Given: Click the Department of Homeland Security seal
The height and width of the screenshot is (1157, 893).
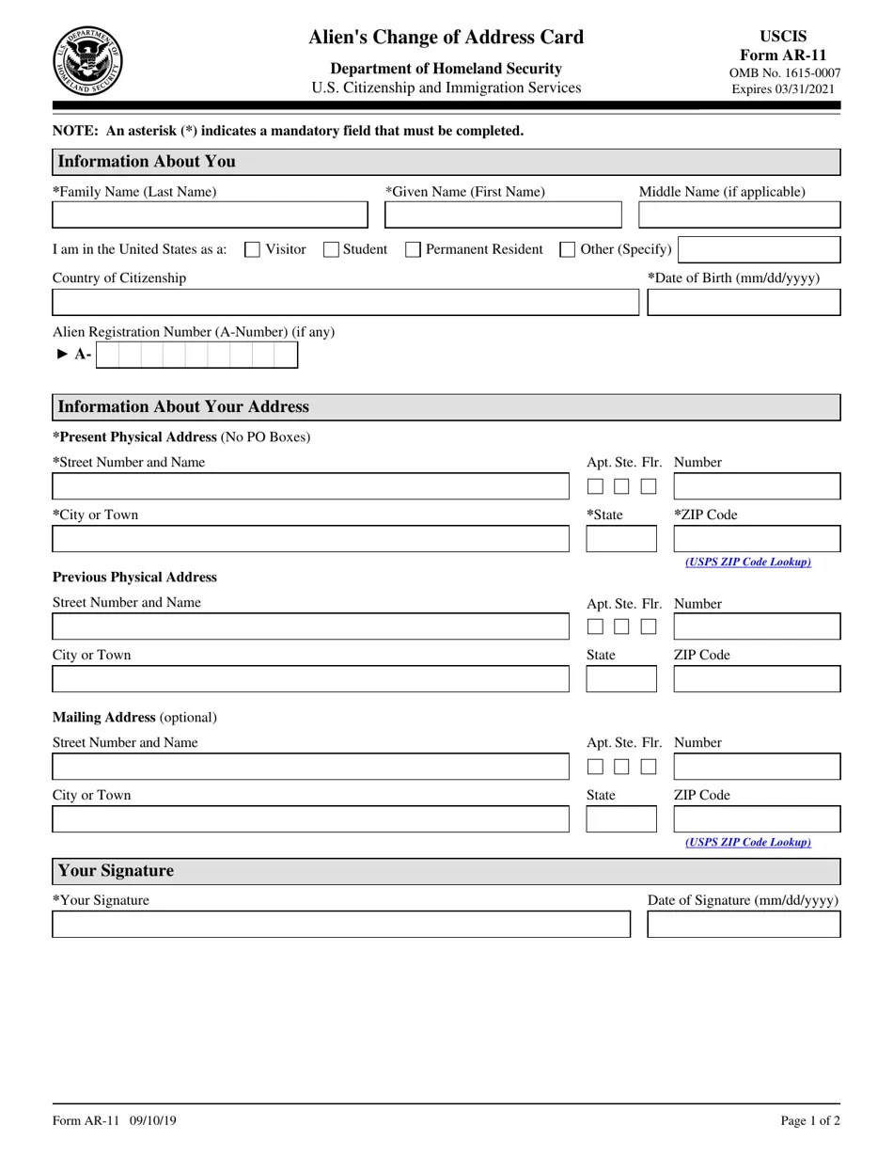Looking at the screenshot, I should [x=87, y=61].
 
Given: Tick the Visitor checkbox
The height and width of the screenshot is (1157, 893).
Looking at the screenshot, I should [x=252, y=249].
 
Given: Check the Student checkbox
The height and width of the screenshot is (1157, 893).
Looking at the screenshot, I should [x=331, y=249].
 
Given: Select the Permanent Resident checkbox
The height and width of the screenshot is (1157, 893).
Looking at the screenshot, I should [x=413, y=249].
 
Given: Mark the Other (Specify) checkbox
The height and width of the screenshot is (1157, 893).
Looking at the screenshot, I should [x=567, y=249].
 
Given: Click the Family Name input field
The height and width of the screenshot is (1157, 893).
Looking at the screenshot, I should [x=210, y=215].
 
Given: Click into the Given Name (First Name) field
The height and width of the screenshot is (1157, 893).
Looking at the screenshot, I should [x=503, y=215].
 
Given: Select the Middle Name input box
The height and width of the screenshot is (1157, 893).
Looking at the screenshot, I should [x=739, y=215].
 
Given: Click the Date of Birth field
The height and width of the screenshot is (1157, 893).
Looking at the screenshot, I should [x=744, y=303].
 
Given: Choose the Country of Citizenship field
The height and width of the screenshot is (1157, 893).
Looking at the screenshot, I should [x=345, y=303].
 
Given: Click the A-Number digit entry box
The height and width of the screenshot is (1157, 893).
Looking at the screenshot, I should [x=196, y=355].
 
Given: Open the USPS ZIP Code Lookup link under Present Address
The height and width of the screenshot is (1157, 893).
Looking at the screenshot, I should [x=748, y=562].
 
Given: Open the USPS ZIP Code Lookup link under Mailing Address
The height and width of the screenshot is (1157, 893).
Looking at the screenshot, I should [x=748, y=842].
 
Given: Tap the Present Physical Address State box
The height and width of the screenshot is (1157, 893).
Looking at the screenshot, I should [x=621, y=539].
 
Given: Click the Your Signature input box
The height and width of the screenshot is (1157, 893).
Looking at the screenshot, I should [x=340, y=925].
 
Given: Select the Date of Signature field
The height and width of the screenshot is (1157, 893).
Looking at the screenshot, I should [x=744, y=925].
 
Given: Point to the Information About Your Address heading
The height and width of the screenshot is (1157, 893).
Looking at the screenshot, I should [x=183, y=407].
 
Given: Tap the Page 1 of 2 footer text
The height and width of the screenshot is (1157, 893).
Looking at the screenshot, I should [x=809, y=1120].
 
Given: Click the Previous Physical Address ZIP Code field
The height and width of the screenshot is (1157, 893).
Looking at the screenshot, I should [x=757, y=679].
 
